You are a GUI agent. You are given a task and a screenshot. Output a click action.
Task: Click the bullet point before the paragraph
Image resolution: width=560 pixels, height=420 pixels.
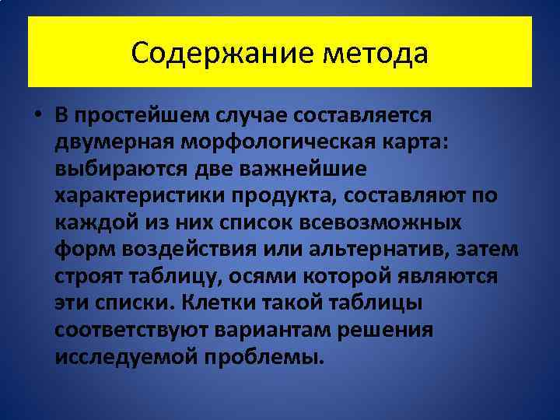click(x=37, y=115)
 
